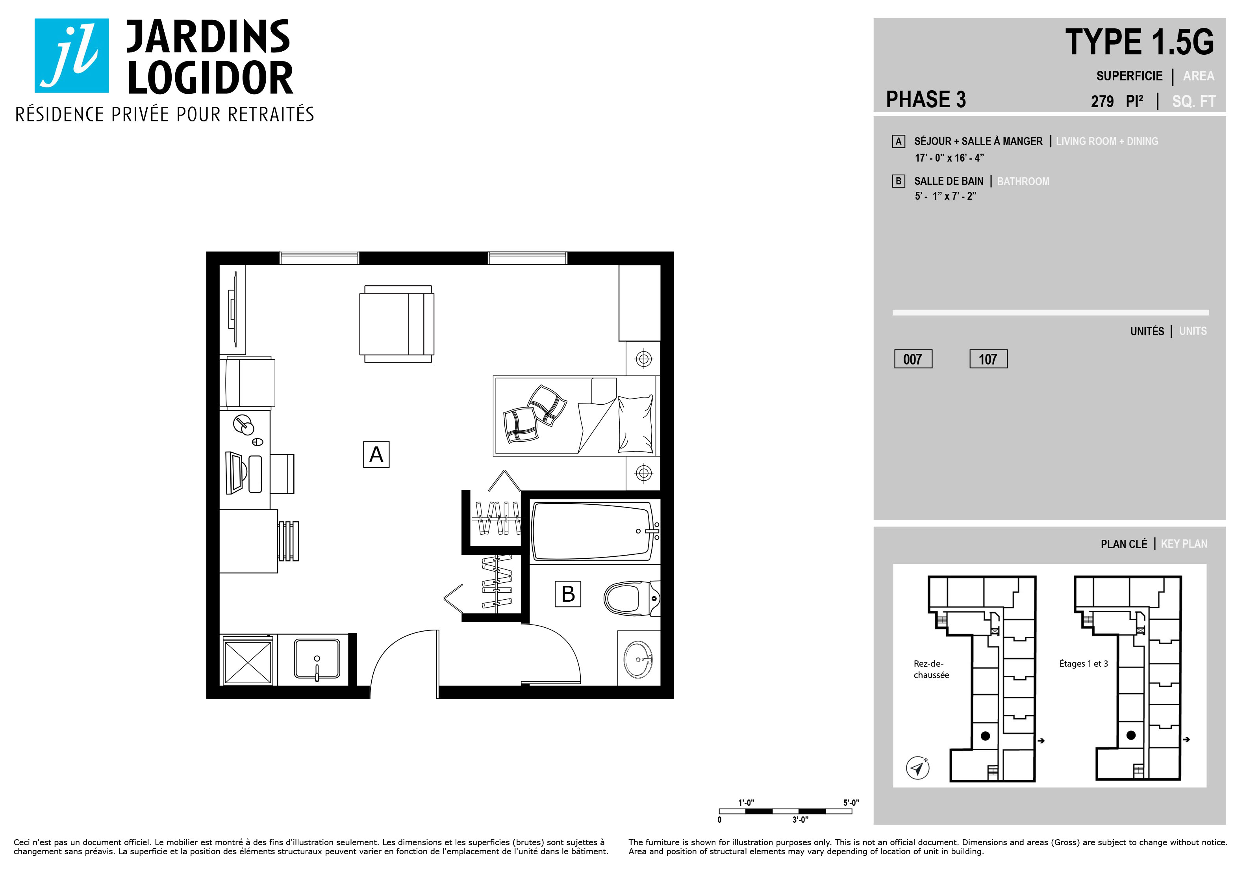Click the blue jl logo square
coord(72,56)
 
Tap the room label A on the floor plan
coord(376,454)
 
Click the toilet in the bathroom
coord(632,598)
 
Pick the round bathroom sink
coord(638,659)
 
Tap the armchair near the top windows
coord(397,324)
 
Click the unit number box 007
coord(913,359)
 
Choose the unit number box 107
coord(988,359)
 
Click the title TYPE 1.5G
coord(1139,43)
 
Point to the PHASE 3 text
coord(926,99)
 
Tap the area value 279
coord(1102,102)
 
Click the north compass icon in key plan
coord(918,768)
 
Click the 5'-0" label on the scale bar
coord(851,803)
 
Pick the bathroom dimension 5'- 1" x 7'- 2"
coord(945,196)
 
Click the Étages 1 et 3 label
coord(1084,664)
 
